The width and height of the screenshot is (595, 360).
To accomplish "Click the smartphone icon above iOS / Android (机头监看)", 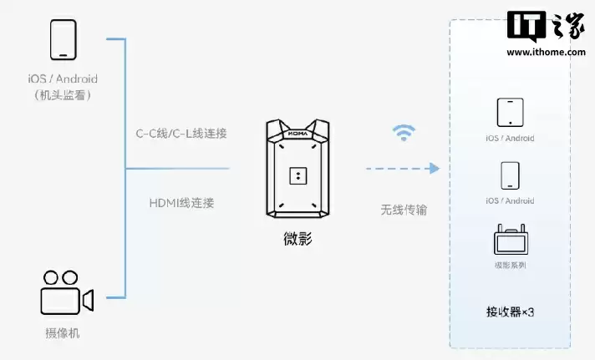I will coord(63,40).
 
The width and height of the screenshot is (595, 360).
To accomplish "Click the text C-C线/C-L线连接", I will coord(181,133).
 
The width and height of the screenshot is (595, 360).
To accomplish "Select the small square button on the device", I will coord(297,175).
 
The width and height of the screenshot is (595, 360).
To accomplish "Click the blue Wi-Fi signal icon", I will coord(404,133).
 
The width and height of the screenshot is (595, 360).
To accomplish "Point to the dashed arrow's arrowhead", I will coord(434,169).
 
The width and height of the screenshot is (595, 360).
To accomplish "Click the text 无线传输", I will coord(404,210).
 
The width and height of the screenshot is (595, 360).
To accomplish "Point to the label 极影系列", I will coord(509,266).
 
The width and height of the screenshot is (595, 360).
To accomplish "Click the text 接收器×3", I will coord(509,312).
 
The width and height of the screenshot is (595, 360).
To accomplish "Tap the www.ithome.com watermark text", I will coord(546,53).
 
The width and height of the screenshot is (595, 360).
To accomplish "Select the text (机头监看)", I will coord(63,95).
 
